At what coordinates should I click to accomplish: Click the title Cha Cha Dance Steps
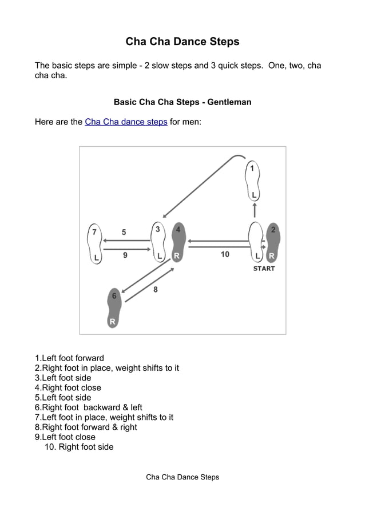(x=182, y=42)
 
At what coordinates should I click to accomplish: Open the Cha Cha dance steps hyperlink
(x=126, y=122)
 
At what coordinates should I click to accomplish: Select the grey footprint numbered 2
(x=273, y=242)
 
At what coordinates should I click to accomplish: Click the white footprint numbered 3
(x=158, y=242)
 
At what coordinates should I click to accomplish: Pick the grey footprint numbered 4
(x=178, y=242)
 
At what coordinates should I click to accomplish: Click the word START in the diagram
(x=264, y=269)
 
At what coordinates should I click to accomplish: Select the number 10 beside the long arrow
(x=225, y=254)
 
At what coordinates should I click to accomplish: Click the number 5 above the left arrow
(x=124, y=233)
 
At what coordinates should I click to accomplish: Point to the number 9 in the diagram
(x=125, y=255)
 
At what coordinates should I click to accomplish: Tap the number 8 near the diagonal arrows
(x=156, y=290)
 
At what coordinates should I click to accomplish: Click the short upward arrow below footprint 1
(x=255, y=210)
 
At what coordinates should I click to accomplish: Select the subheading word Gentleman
(x=229, y=102)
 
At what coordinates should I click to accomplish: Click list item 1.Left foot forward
(x=70, y=358)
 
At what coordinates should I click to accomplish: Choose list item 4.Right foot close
(x=68, y=387)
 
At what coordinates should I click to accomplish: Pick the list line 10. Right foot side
(x=79, y=447)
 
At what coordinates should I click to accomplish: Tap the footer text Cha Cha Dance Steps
(x=182, y=477)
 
